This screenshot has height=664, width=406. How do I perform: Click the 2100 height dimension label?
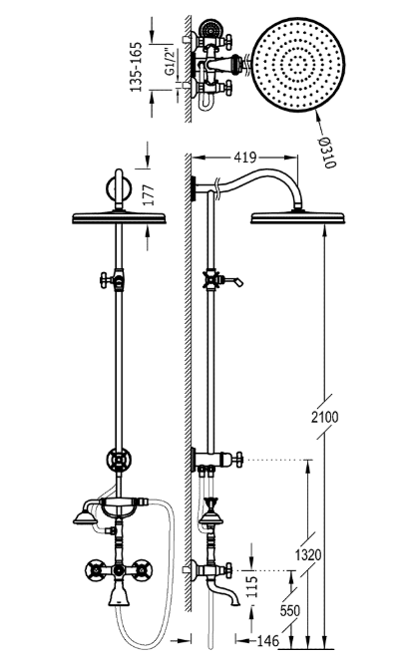pos(325,417)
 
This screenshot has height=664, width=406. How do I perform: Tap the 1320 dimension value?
pos(308,554)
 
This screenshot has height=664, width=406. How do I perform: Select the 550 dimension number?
pos(290,610)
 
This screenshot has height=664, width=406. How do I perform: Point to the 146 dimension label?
pos(268,641)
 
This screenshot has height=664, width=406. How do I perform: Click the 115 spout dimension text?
pos(252,586)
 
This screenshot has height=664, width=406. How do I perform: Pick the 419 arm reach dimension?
pos(245,158)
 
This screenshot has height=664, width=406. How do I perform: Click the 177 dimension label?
pos(148,195)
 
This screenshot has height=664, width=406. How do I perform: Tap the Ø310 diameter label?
pos(327,153)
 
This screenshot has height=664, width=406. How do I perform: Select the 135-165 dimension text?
pos(136,67)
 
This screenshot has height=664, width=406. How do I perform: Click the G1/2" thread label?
pos(170,62)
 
